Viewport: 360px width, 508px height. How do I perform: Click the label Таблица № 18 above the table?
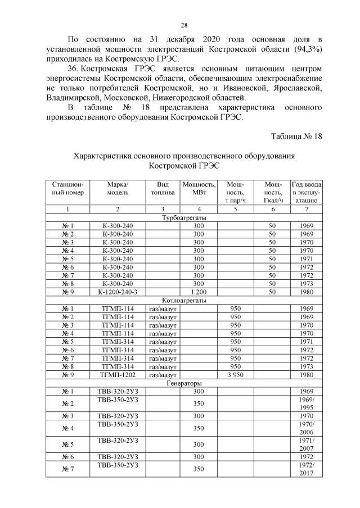click(x=296, y=137)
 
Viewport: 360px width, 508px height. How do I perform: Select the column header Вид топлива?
click(x=163, y=188)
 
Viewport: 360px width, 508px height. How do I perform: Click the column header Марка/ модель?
click(x=118, y=188)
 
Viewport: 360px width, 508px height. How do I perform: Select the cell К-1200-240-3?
click(x=118, y=292)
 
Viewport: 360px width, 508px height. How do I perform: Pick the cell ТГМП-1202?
click(x=118, y=375)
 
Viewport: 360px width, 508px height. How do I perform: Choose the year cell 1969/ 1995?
click(x=306, y=403)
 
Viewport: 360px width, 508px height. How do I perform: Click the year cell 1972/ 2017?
click(x=306, y=469)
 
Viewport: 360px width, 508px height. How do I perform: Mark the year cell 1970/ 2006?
click(x=306, y=428)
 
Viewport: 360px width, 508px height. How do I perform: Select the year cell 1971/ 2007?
click(x=306, y=444)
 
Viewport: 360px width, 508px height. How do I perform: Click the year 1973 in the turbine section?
click(x=306, y=284)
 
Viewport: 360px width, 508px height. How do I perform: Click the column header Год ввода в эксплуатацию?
click(x=306, y=192)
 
